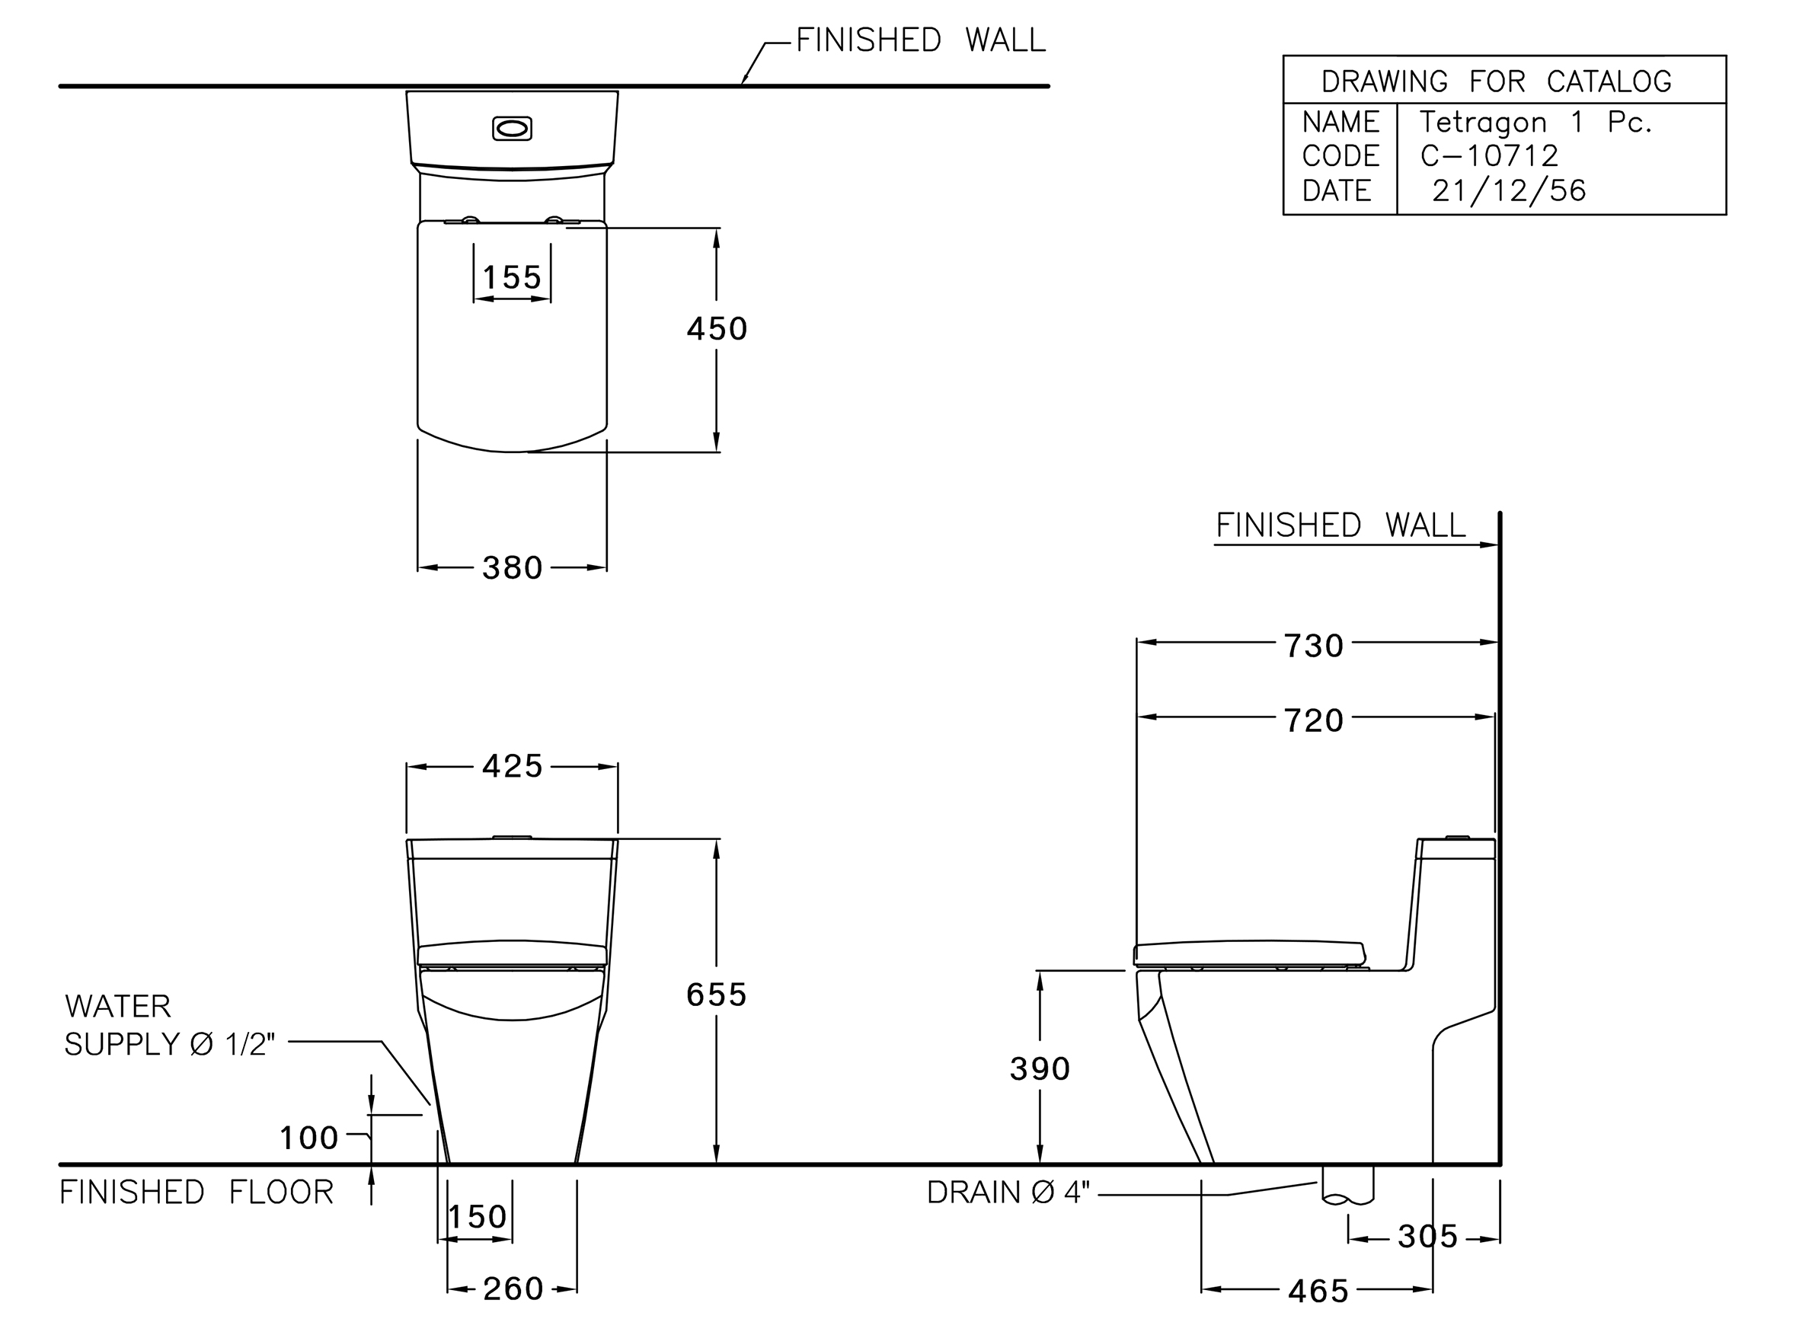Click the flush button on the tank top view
click(x=512, y=129)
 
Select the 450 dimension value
click(x=717, y=329)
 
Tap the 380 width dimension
click(x=512, y=568)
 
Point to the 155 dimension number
click(x=512, y=278)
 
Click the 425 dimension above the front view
click(x=512, y=766)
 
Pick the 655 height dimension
click(x=717, y=995)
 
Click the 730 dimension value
click(x=1314, y=647)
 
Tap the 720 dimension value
click(x=1314, y=721)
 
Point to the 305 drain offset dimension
click(x=1428, y=1237)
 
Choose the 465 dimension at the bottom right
click(x=1318, y=1291)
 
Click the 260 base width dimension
click(x=513, y=1289)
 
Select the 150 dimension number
click(x=478, y=1216)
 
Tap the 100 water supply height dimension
click(x=308, y=1138)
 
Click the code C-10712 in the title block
click(x=1489, y=155)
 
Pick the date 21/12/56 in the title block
click(x=1508, y=190)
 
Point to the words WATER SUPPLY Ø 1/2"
click(x=170, y=1025)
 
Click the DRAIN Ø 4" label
click(x=1008, y=1193)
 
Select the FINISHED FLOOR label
click(x=197, y=1193)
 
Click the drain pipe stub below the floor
click(x=1348, y=1185)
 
